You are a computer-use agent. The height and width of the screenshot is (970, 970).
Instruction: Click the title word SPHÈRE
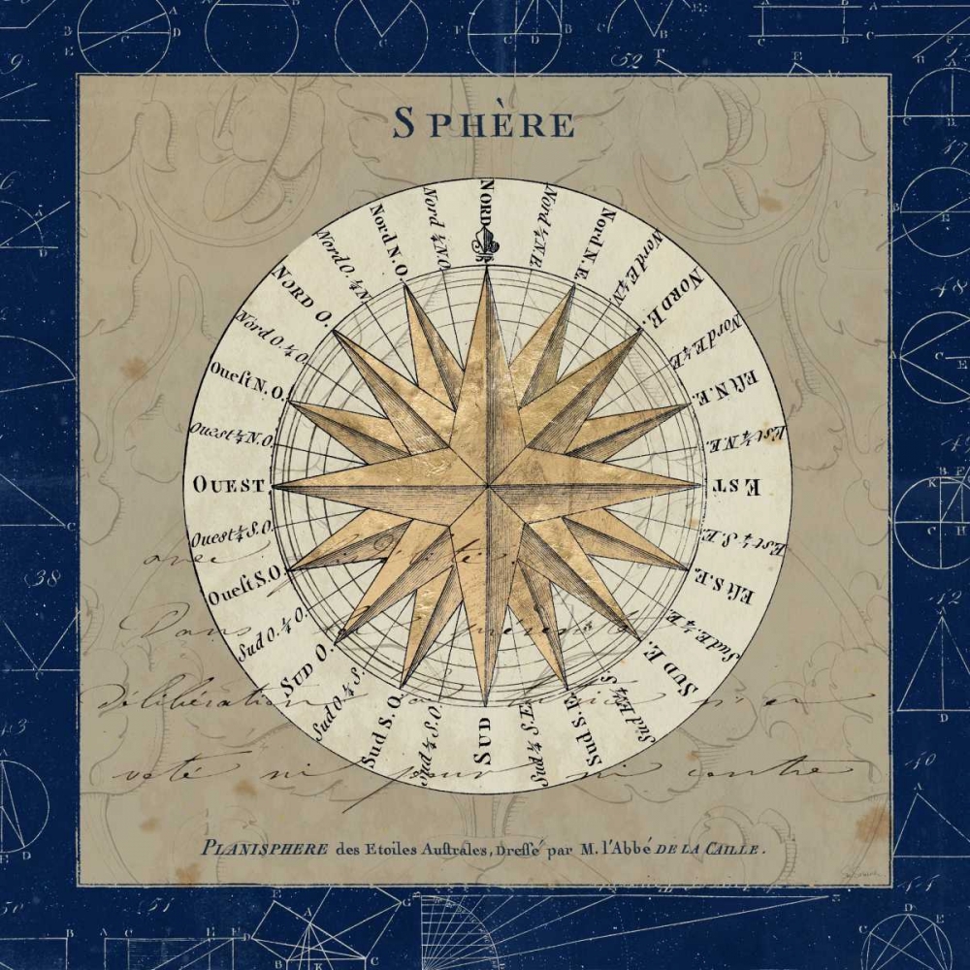[x=483, y=124]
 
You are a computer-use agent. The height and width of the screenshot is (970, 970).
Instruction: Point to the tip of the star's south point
[x=487, y=705]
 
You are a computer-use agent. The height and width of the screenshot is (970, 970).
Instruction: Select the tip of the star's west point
[x=273, y=484]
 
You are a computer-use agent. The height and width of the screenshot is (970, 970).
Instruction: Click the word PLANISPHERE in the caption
[x=264, y=847]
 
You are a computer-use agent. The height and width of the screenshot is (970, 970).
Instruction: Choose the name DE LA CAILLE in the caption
[x=714, y=847]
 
